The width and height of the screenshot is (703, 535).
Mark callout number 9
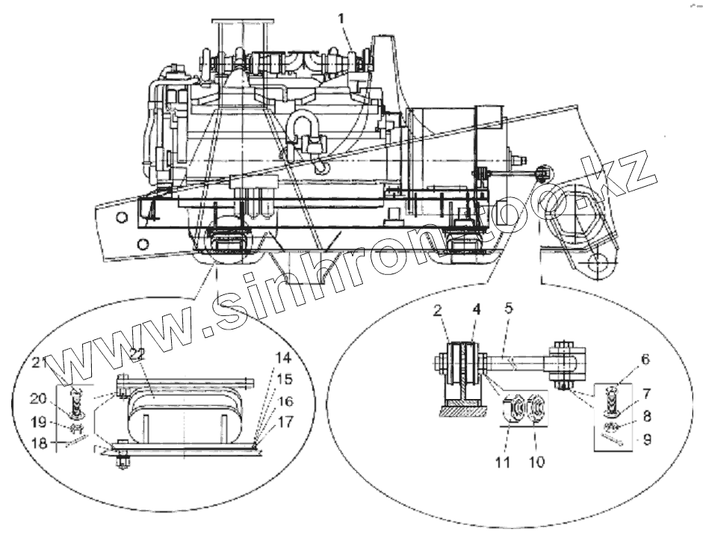(645, 440)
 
